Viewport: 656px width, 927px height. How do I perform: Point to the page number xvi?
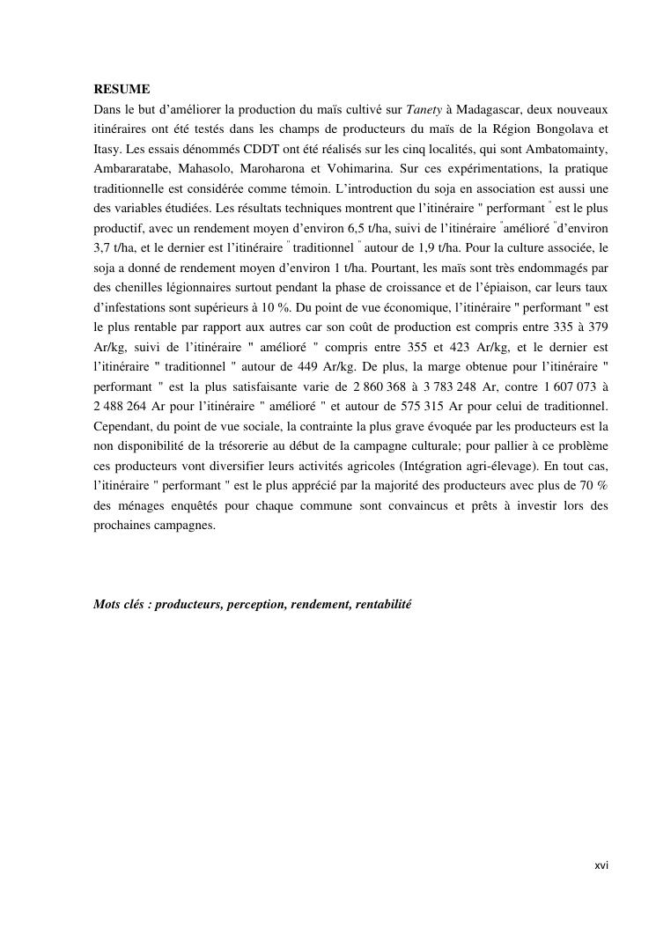click(601, 865)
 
